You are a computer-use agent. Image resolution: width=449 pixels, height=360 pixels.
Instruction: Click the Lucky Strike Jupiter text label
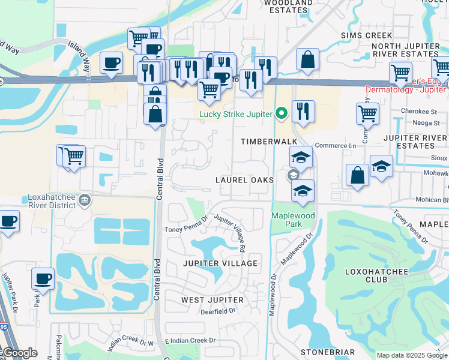coord(236,114)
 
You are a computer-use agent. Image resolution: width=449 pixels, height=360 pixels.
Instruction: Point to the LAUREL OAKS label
coord(245,180)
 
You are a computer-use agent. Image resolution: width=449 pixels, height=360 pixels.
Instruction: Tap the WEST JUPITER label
coord(212,299)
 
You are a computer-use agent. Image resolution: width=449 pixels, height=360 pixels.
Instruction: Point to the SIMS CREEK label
coord(367,35)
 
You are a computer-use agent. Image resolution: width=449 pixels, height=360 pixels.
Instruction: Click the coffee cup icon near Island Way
coord(112,62)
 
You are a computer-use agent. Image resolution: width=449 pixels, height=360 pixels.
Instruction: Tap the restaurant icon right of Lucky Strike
coord(303,110)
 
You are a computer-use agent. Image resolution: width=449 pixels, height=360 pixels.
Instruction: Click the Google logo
coord(20,353)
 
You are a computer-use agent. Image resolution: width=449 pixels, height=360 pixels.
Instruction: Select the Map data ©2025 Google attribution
coord(411,355)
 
